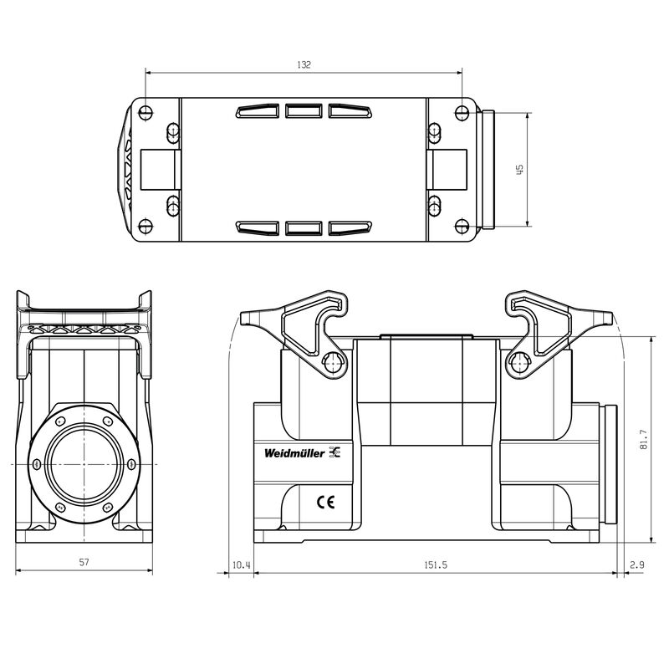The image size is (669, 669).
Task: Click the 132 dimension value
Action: coord(304,65)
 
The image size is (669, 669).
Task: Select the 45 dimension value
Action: coord(519,170)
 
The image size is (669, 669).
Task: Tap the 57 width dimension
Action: coord(84,563)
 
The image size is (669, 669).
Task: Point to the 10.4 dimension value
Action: coord(241,565)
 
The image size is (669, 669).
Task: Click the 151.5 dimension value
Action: coord(434,565)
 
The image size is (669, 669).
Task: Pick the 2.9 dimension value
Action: coord(636,565)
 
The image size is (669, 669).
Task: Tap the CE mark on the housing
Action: coord(324,503)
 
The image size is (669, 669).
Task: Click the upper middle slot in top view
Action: coord(304,111)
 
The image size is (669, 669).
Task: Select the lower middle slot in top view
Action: coord(304,227)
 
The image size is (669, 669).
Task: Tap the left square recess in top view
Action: coord(158,170)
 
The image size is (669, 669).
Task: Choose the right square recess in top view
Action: coord(447,170)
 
